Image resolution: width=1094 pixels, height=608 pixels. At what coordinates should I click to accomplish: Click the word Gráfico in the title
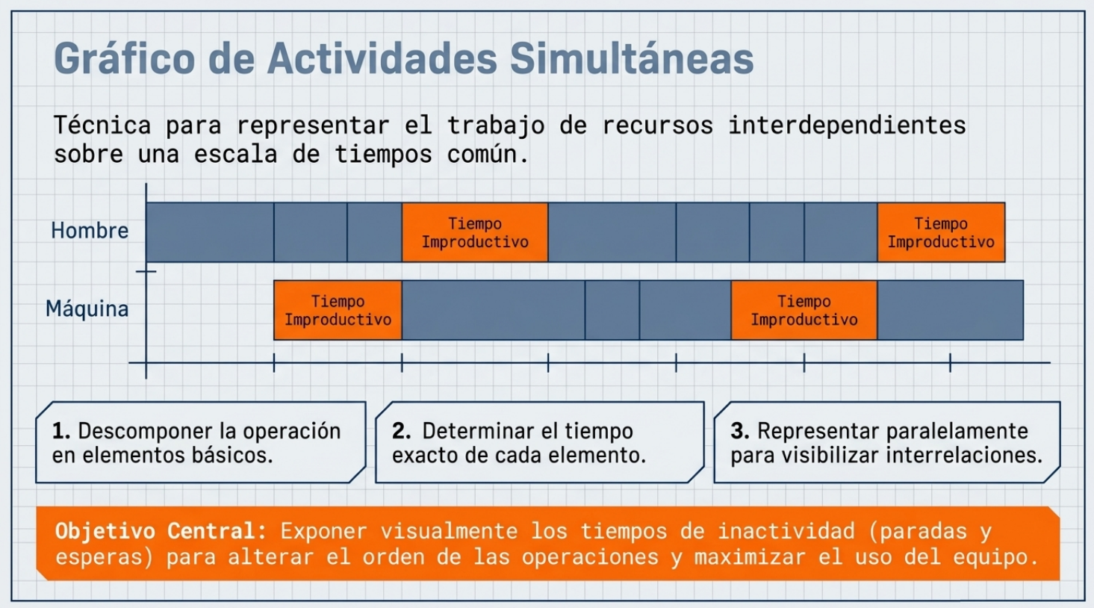point(125,58)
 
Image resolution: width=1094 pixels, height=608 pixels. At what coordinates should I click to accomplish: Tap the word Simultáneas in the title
point(632,58)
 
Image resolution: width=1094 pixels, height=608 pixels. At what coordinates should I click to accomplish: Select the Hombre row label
point(90,231)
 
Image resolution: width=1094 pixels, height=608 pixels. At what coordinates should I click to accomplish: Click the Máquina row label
point(87,308)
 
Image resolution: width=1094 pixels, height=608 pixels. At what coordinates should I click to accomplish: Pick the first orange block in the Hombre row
point(475,232)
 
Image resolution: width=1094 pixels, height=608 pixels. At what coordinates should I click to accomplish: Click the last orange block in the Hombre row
point(941,232)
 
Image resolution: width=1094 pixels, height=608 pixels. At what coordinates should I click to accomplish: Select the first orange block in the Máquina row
point(338,310)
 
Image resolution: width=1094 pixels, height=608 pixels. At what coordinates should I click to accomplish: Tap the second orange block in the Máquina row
point(804,310)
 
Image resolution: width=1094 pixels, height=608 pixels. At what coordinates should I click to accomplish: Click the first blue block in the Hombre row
point(210,232)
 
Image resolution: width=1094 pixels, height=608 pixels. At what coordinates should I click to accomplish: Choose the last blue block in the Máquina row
point(951,310)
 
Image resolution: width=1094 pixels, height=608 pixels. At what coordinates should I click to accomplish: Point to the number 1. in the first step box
point(61,431)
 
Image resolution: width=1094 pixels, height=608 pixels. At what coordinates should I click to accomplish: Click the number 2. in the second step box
point(402,431)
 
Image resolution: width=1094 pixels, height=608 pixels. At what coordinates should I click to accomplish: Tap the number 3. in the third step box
point(740,431)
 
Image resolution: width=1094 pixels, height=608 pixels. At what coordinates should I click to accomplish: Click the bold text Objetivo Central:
point(161,531)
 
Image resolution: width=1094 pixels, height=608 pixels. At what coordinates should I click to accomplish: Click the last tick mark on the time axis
point(951,363)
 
